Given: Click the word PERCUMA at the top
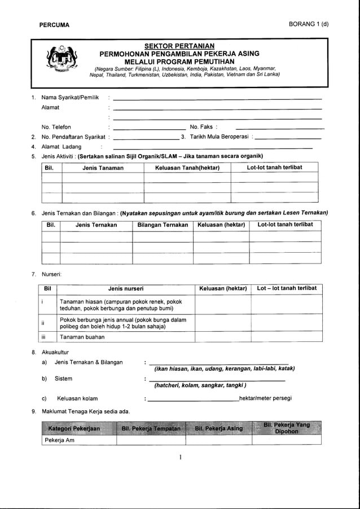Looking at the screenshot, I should point(54,25).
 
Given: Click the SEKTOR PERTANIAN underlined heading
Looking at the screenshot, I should point(179,46).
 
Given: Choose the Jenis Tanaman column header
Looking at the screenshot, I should point(103,168).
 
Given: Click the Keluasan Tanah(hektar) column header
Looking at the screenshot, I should point(187,168).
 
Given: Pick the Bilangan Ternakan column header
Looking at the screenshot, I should point(163,225).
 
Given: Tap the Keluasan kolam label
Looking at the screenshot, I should point(77,398).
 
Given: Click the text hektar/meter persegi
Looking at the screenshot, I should point(265,398).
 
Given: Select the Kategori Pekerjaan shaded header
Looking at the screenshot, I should point(78,428).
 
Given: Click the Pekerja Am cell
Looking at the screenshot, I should point(59,440).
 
